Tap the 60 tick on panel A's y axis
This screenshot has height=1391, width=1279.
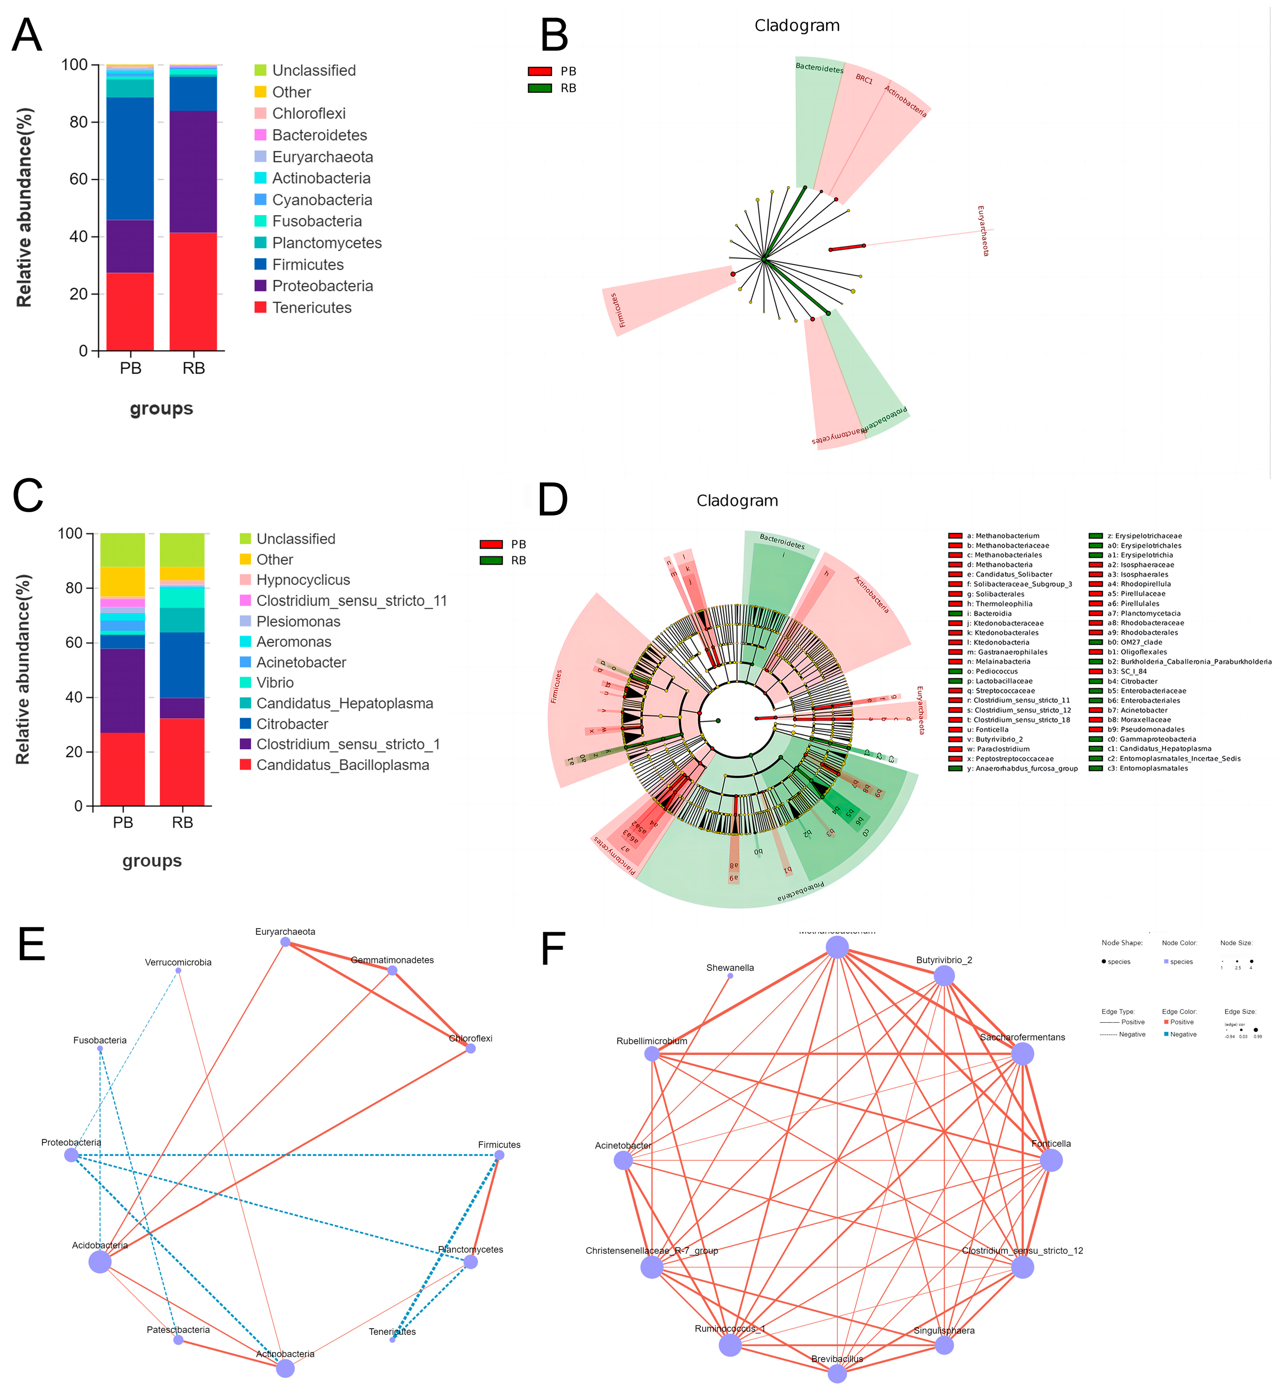(75, 179)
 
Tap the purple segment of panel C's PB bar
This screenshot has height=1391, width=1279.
(123, 691)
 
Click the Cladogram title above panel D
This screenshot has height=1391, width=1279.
(737, 500)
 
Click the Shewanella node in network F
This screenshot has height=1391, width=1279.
(730, 976)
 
